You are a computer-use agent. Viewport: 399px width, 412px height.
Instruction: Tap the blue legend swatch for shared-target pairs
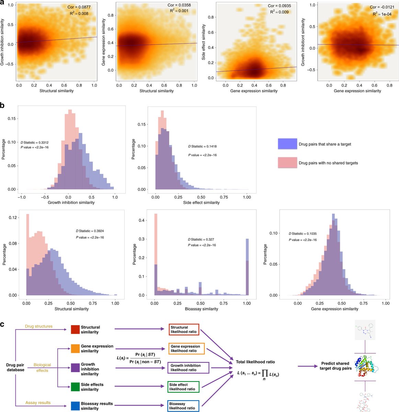pos(287,144)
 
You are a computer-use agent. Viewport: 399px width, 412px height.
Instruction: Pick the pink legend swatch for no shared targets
pos(287,163)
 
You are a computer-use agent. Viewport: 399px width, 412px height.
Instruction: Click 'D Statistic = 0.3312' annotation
pos(35,142)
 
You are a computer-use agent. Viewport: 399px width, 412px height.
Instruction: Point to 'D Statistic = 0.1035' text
pos(303,233)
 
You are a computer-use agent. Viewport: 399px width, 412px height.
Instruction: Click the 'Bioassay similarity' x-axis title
pos(201,309)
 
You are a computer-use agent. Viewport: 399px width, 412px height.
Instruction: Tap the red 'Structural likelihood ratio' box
pos(184,330)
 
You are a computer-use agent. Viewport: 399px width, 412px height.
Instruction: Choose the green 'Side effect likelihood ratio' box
pos(183,387)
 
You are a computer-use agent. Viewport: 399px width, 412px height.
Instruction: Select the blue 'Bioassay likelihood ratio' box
pos(183,406)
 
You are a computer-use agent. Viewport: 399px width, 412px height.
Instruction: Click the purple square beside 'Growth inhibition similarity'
pos(75,369)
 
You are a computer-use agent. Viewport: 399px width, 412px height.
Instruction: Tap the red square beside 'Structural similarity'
pos(75,330)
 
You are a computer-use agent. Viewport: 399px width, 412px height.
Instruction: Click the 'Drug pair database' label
pos(15,367)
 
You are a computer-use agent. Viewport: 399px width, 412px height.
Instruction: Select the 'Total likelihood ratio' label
pos(255,362)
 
